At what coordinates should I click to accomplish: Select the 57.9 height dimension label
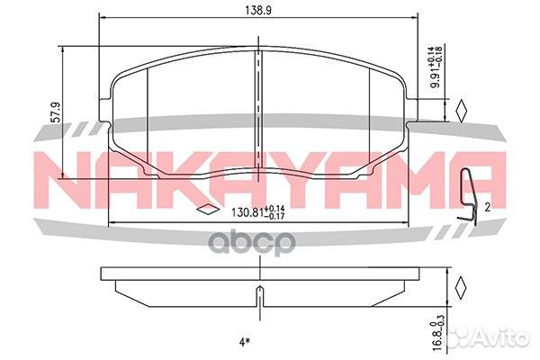(56, 112)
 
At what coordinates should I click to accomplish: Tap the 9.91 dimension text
(435, 67)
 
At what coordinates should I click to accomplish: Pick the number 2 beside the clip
(485, 206)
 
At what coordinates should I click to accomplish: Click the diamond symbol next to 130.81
(208, 212)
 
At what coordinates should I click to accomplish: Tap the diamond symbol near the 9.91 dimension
(460, 111)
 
